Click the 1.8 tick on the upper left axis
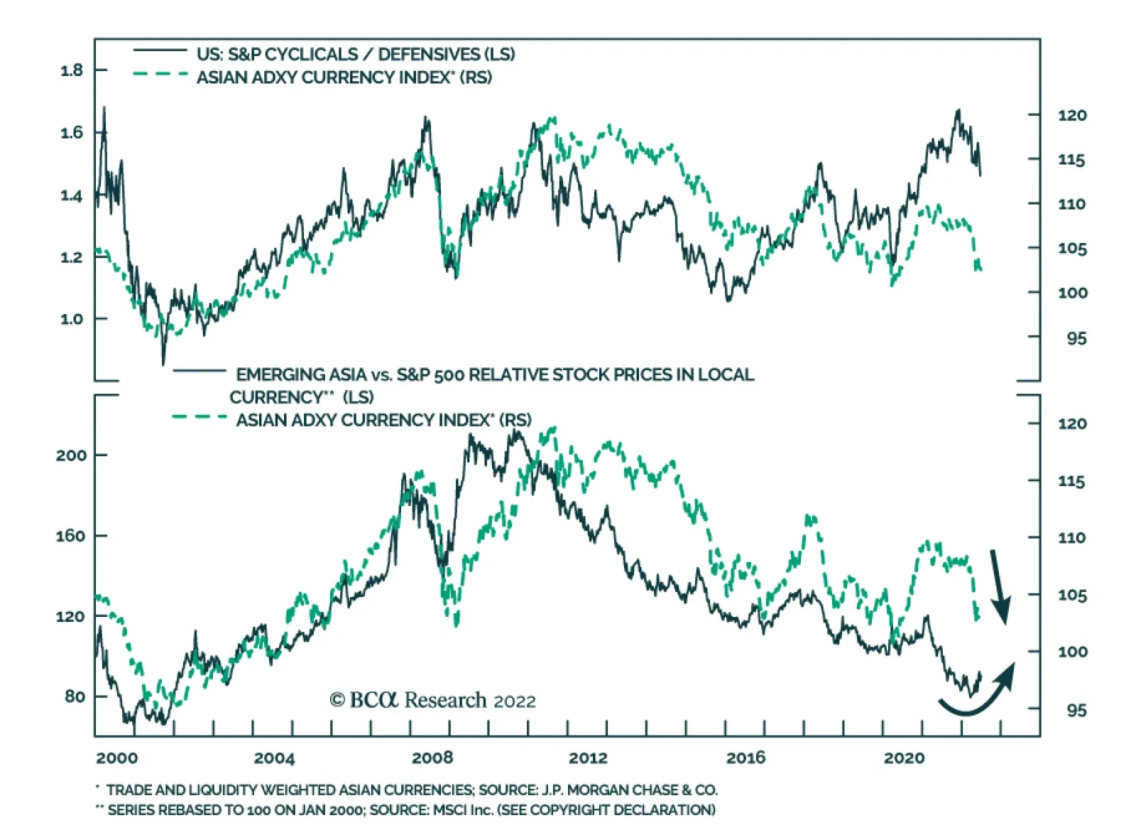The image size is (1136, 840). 72,70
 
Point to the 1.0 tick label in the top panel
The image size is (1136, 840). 72,318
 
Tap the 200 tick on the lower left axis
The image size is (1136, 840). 71,455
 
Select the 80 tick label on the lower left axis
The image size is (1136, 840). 75,696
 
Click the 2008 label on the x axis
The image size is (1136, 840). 432,758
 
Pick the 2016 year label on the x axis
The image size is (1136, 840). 745,758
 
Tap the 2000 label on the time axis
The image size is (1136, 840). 117,758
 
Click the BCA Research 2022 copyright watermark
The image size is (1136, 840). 432,701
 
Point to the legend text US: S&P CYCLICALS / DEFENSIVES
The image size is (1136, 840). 355,55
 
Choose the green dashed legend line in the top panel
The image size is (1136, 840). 160,74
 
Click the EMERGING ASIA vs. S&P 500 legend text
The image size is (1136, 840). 495,375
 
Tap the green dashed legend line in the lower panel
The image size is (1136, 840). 200,417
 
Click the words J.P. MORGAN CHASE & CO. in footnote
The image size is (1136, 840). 630,790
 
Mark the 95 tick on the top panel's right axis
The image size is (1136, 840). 1076,338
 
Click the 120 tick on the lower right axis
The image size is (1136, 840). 1071,424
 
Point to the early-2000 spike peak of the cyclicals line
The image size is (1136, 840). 104,109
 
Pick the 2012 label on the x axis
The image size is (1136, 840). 588,758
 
